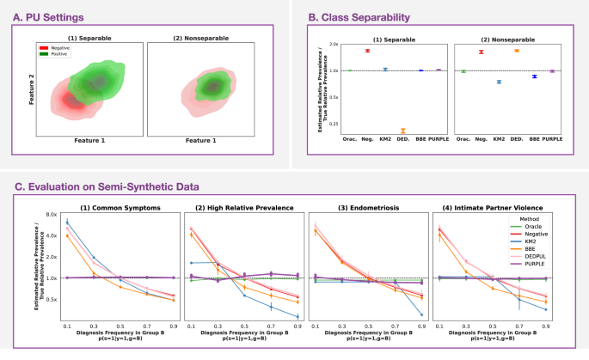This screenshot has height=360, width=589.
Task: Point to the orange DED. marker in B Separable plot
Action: (x=402, y=131)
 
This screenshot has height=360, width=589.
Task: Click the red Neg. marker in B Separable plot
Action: (x=367, y=51)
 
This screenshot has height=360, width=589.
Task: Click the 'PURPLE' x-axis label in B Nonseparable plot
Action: (x=552, y=138)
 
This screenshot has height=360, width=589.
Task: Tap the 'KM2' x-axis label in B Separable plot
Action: (x=385, y=138)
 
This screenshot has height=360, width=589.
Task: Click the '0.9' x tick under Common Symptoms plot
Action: (x=174, y=326)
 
